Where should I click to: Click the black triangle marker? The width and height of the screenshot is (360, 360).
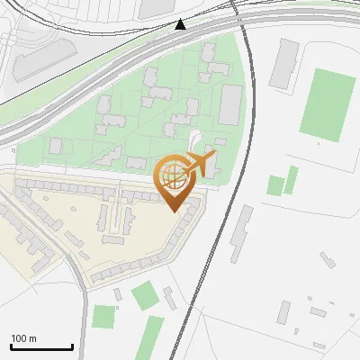(181, 24)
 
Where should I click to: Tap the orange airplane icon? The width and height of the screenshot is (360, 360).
(199, 164)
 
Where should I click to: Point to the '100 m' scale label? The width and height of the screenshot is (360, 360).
(23, 338)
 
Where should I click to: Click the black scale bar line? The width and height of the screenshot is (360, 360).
(41, 347)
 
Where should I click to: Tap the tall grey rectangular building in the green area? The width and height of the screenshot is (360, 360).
(231, 105)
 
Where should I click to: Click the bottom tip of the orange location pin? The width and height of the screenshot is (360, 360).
(173, 211)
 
